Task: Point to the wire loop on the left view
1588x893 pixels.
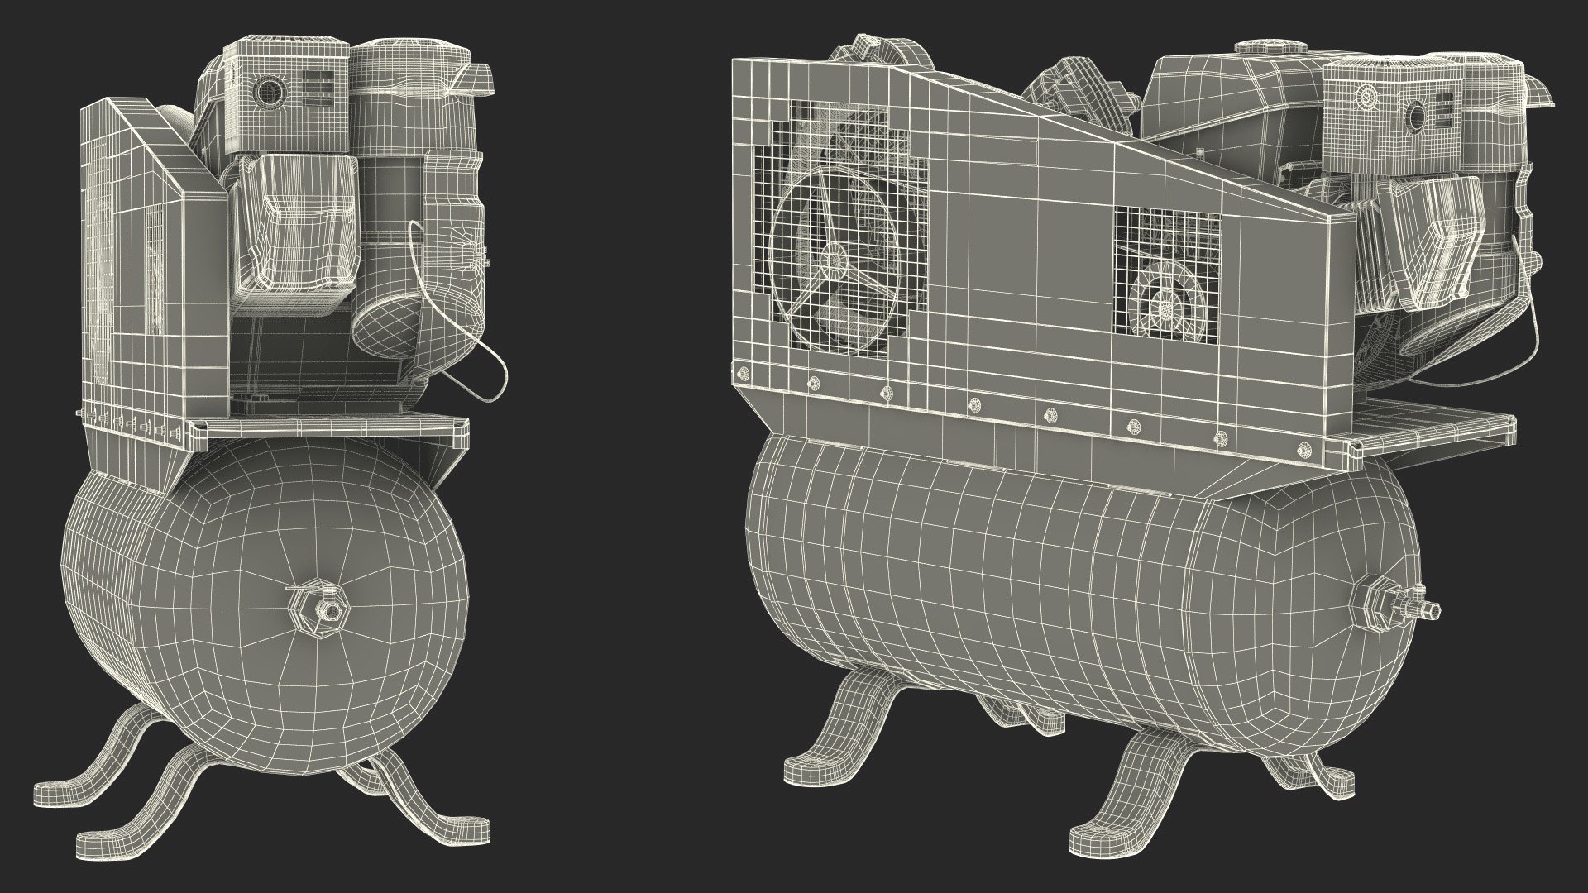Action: (x=488, y=364)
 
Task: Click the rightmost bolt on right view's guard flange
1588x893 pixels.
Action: (x=1306, y=448)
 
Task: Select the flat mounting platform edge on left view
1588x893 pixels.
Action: (x=331, y=427)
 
